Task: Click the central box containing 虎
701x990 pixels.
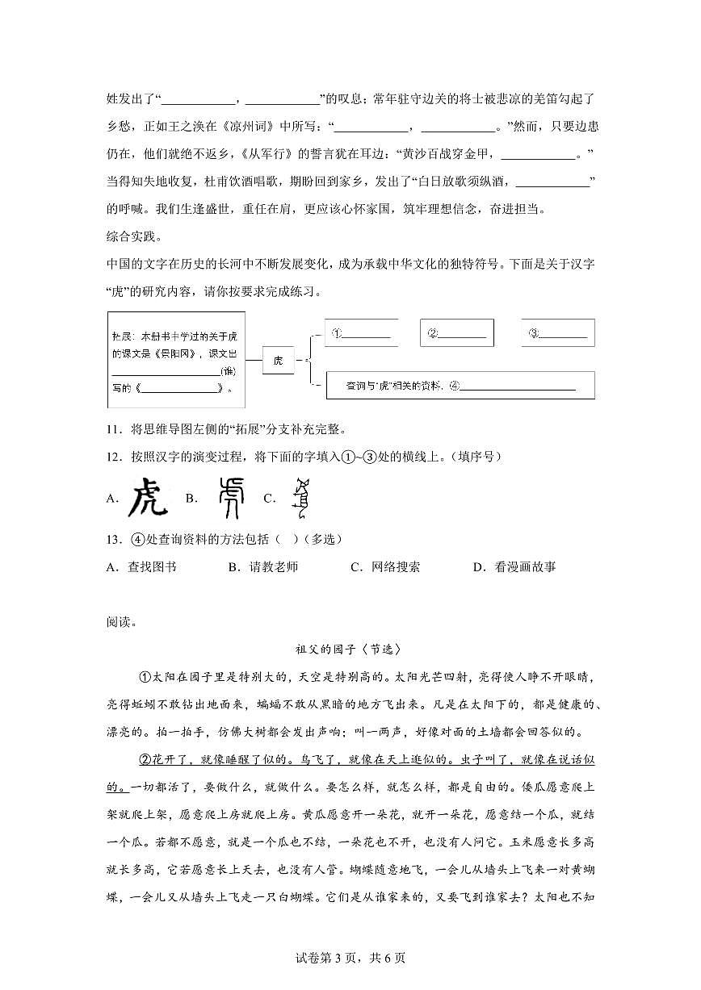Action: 279,360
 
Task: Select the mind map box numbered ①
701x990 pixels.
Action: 360,332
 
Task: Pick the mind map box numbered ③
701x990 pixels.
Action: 557,332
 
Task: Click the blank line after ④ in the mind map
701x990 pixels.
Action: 517,386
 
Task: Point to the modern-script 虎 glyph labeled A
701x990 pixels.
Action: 149,498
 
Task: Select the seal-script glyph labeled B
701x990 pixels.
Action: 230,498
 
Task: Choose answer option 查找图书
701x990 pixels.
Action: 152,567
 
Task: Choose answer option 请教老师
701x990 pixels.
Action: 274,567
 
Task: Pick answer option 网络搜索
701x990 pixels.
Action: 396,567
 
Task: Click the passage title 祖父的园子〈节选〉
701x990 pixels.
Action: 349,649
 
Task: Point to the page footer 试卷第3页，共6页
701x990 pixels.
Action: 350,958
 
